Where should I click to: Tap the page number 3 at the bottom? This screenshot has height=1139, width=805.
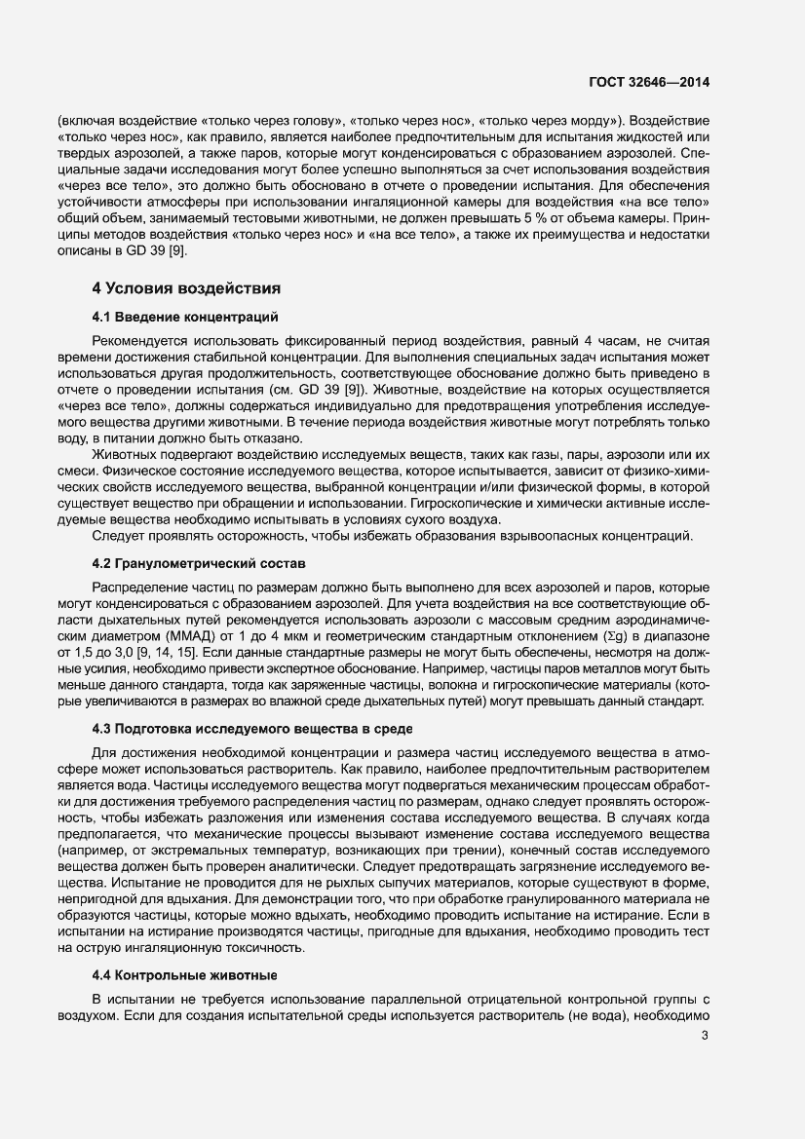(x=705, y=1063)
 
